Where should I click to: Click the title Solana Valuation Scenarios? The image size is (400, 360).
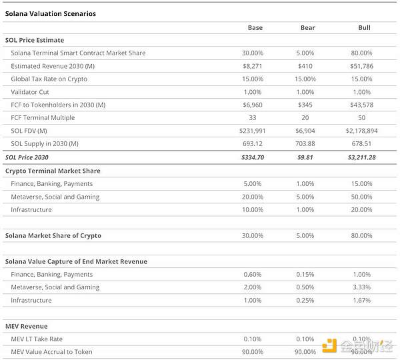[x=50, y=13]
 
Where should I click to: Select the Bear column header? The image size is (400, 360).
[x=307, y=27]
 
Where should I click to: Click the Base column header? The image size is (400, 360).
[x=255, y=27]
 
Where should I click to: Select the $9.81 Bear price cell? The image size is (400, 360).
[x=307, y=157]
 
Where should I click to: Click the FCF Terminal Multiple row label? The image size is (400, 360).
[x=43, y=118]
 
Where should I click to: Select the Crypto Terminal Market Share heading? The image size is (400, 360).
[x=53, y=171]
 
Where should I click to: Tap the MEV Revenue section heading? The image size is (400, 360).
[x=26, y=326]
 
